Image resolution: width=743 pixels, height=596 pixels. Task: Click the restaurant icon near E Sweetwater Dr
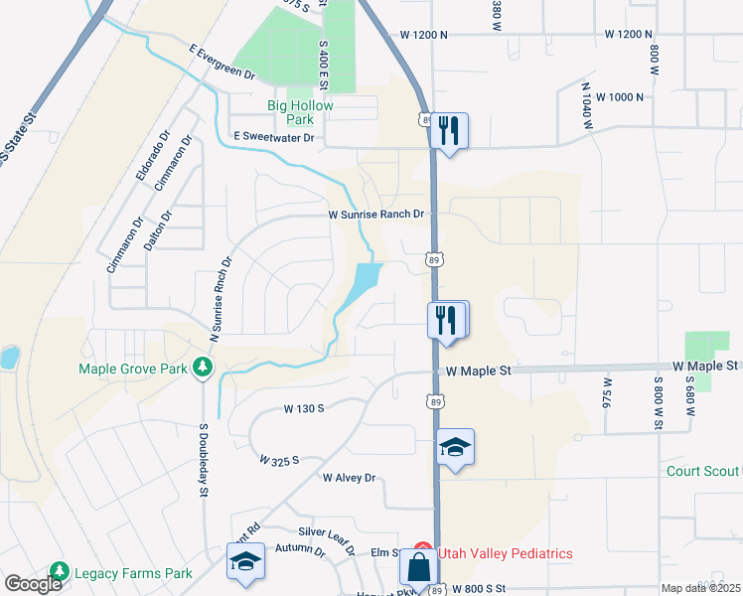pyautogui.click(x=448, y=130)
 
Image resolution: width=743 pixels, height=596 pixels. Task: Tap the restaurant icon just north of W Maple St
pyautogui.click(x=446, y=320)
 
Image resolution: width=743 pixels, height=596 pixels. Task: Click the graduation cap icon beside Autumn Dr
pyautogui.click(x=245, y=562)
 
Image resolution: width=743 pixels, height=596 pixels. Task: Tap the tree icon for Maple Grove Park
pyautogui.click(x=203, y=369)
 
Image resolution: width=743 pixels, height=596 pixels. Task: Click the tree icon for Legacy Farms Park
pyautogui.click(x=60, y=572)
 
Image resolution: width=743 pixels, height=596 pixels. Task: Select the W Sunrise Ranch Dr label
pyautogui.click(x=376, y=214)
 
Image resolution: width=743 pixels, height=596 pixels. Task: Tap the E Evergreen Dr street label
pyautogui.click(x=222, y=61)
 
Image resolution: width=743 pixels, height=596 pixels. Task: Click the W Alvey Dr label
pyautogui.click(x=348, y=478)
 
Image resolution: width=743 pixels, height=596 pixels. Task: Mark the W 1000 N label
pyautogui.click(x=613, y=97)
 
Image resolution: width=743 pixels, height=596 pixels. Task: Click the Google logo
pyautogui.click(x=33, y=584)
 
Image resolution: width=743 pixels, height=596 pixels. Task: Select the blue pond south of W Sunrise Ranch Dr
pyautogui.click(x=364, y=280)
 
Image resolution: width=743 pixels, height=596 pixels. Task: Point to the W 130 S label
pyautogui.click(x=304, y=408)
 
